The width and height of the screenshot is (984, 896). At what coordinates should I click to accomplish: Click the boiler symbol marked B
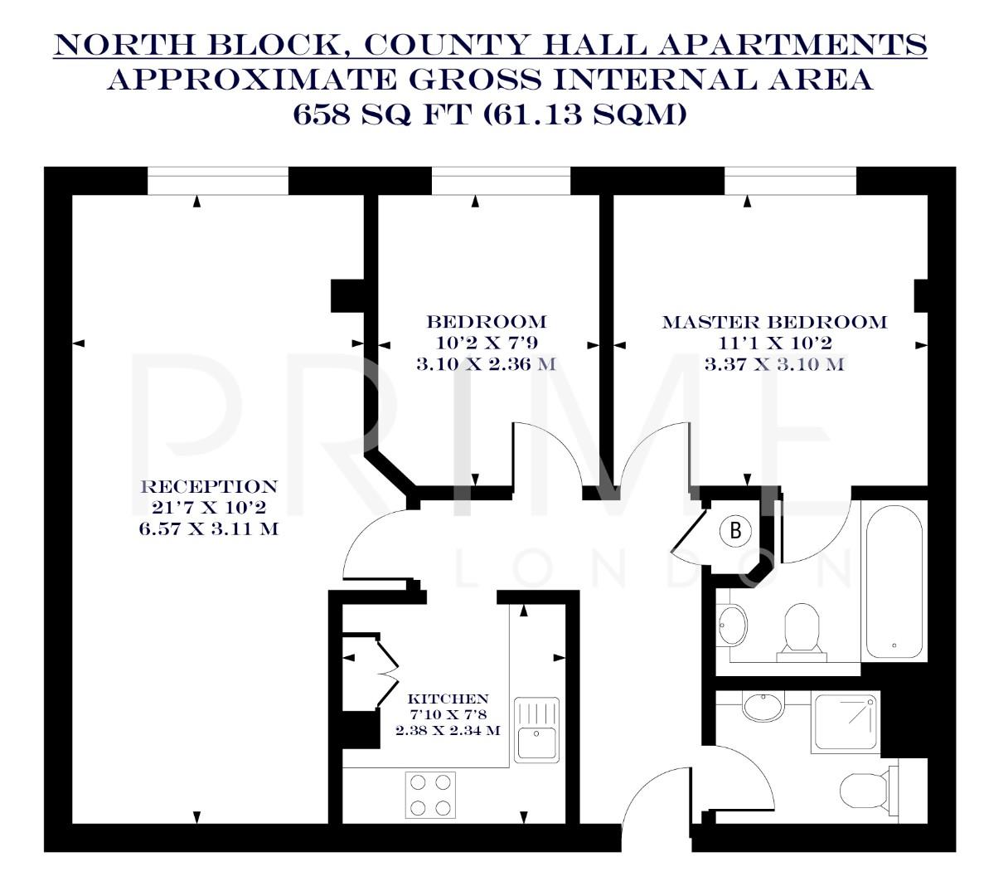(x=734, y=531)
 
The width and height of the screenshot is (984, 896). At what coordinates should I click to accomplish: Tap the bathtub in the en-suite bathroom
(x=894, y=581)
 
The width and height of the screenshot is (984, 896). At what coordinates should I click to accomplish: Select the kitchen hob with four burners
(x=430, y=794)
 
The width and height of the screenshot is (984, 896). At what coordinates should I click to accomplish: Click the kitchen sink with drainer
(x=537, y=729)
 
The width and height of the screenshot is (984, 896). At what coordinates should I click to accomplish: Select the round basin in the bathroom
(x=732, y=624)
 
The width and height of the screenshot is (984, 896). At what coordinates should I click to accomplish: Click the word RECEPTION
(x=209, y=487)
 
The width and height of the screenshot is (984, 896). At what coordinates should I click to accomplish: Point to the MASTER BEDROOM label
(x=774, y=322)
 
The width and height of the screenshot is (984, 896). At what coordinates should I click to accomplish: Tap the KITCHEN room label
(x=448, y=699)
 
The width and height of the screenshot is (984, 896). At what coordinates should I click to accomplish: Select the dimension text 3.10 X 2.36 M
(x=486, y=363)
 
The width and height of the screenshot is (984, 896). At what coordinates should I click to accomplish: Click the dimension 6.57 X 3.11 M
(x=209, y=528)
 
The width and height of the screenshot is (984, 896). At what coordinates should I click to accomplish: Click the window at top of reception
(x=218, y=180)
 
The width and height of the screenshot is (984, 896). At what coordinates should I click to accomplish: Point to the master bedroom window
(x=789, y=180)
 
